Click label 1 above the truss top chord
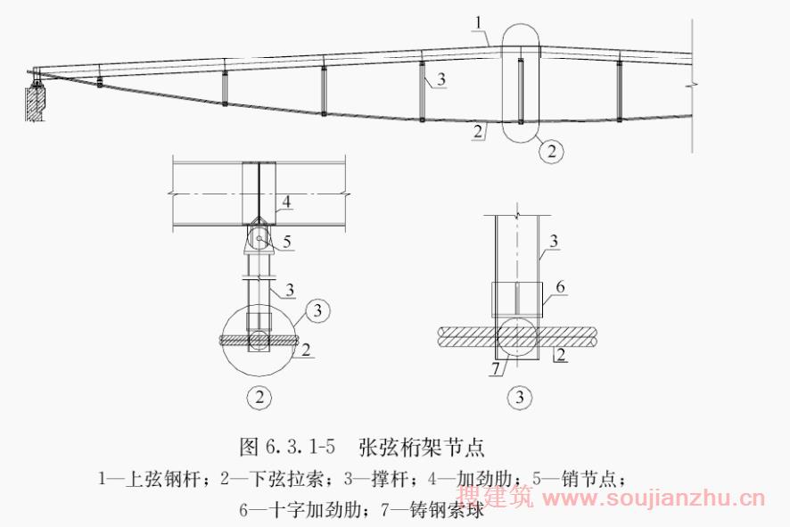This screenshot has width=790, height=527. (478, 21)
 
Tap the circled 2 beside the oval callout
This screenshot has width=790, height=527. (552, 152)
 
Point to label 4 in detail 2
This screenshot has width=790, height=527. (286, 202)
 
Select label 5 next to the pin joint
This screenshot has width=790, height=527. (286, 240)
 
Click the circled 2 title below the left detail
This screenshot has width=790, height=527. (259, 398)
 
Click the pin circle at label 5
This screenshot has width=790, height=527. (259, 238)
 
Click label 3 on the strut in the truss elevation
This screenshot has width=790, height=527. (440, 80)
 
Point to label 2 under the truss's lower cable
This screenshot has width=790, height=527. (479, 130)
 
